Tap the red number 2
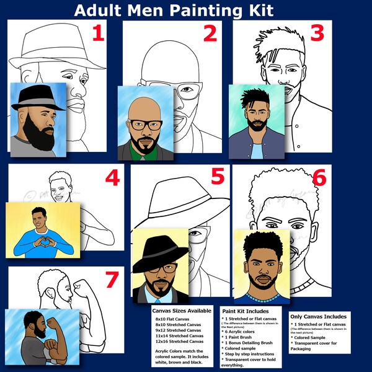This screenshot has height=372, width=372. [210, 33]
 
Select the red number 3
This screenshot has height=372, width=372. [317, 33]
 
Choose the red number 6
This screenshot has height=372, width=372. [319, 178]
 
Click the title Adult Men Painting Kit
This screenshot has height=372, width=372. [173, 11]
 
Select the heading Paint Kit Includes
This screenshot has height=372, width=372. [246, 310]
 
